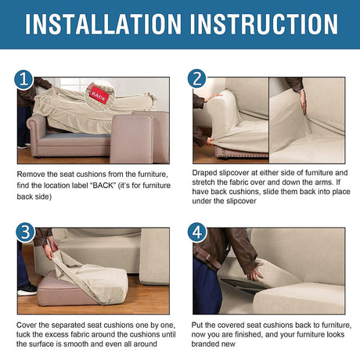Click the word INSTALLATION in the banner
tap(103, 24)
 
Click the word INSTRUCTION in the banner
tap(264, 24)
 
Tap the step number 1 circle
tap(23, 80)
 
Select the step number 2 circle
tap(196, 78)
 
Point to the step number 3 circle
tap(25, 232)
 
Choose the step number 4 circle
tap(197, 232)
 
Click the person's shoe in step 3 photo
tap(27, 290)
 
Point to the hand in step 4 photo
tap(254, 272)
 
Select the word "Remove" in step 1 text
tap(30, 175)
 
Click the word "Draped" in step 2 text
tap(205, 173)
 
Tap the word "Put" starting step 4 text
tap(197, 325)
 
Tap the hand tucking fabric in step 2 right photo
tap(303, 103)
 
